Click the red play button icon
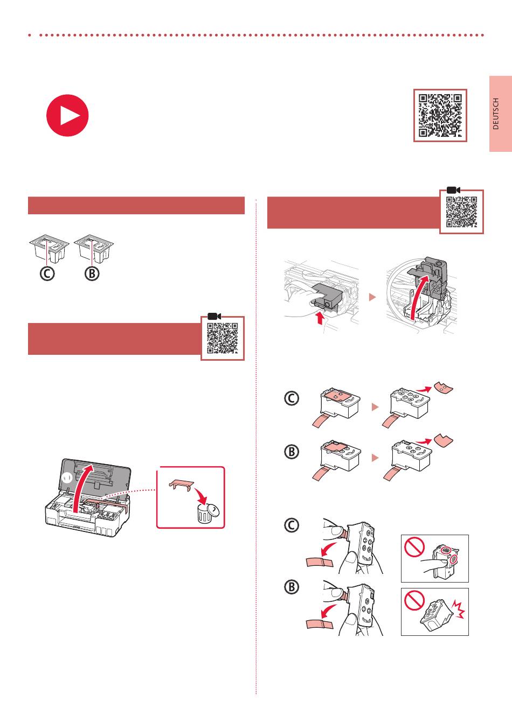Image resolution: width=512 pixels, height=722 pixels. tap(67, 115)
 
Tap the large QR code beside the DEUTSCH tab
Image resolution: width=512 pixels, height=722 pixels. tap(440, 115)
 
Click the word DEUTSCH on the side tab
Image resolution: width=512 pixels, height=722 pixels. tap(496, 114)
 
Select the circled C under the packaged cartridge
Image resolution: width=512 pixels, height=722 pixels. tap(47, 274)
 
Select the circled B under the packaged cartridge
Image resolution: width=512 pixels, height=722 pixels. tap(92, 274)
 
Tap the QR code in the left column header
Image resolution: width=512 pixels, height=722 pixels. tap(222, 338)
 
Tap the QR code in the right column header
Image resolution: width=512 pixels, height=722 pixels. tap(461, 212)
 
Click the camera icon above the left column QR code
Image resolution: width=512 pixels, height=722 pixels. tap(214, 316)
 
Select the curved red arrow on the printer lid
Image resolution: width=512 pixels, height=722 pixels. tap(81, 487)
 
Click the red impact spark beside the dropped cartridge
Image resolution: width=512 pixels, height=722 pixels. tap(458, 609)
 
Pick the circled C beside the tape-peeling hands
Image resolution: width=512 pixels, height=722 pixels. tap(292, 525)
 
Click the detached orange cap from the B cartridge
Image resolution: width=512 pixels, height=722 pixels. tap(443, 440)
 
